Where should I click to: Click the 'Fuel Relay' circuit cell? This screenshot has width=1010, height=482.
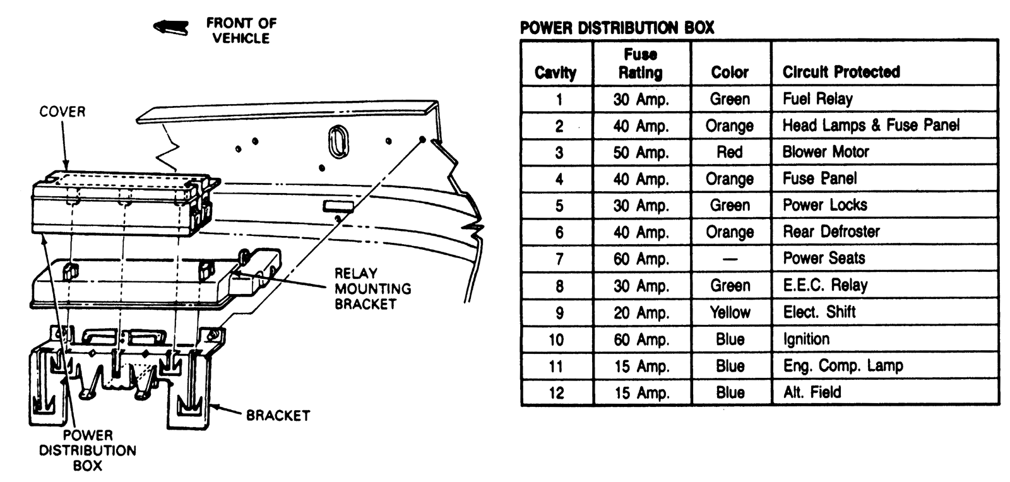coord(817,99)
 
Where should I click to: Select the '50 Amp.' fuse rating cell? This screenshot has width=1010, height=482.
coord(641,152)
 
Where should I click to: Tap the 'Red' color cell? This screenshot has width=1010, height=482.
coord(730,152)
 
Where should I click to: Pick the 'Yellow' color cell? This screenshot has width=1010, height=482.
coord(730,312)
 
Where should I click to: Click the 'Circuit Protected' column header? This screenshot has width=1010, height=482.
coord(841,72)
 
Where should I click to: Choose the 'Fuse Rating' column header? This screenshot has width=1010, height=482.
coord(641,64)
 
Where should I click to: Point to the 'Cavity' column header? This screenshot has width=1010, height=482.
coord(555,73)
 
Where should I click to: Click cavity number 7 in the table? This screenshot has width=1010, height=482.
coord(559,259)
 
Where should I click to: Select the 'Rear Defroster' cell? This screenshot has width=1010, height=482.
coord(831,232)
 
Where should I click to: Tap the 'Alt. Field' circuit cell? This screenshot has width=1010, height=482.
coord(812,392)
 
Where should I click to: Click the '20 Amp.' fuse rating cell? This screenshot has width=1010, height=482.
coord(641,312)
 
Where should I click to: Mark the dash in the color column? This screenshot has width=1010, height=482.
coord(730,259)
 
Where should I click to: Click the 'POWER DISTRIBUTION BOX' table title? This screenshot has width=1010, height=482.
coord(617,28)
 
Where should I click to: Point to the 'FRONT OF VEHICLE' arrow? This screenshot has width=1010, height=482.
coord(171,26)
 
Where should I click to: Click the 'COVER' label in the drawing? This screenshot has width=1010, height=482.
coord(62,112)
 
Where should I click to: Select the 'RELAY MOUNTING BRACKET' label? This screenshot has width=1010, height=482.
coord(372,288)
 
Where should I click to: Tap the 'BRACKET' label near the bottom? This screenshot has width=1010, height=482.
coord(278,416)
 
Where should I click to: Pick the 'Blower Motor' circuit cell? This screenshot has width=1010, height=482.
coord(826,152)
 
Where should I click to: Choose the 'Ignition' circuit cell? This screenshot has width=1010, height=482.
coord(806,339)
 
